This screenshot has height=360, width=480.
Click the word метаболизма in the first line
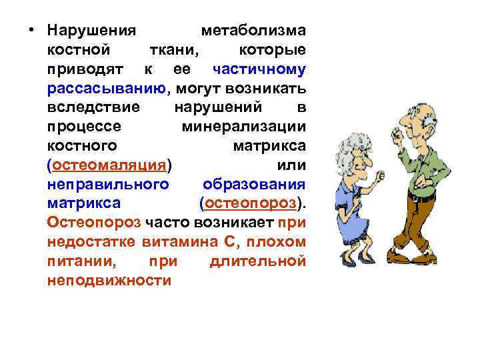253,31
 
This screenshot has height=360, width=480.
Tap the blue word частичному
259,69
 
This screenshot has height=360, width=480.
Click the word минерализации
243,126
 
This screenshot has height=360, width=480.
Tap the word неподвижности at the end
109,280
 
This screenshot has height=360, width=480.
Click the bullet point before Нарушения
32,32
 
